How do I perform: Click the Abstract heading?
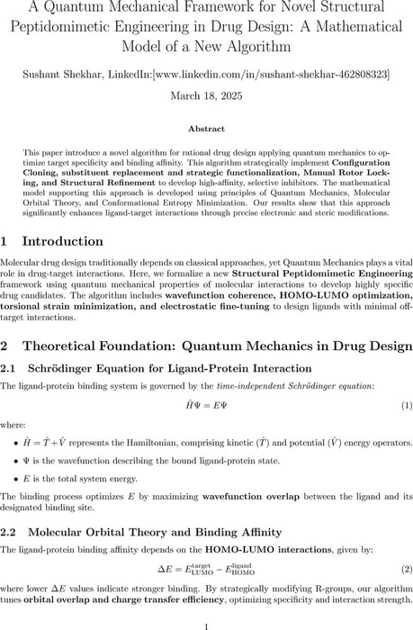206,129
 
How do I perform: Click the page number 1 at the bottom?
206,621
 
